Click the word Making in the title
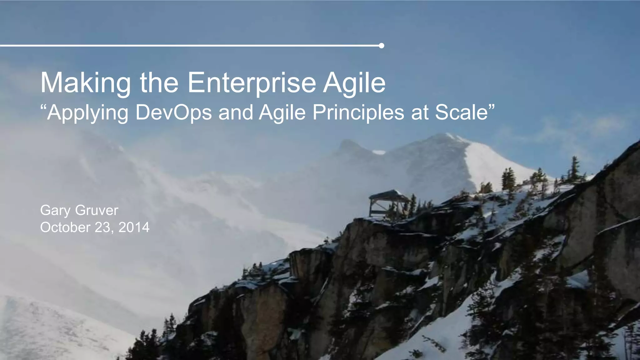[x=85, y=83]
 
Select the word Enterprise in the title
[x=252, y=83]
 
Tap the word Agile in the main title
[x=354, y=83]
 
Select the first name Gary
[x=55, y=211]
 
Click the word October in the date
[x=65, y=227]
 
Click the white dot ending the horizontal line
[x=381, y=46]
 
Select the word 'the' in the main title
[x=159, y=83]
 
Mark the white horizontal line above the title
[x=187, y=46]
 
